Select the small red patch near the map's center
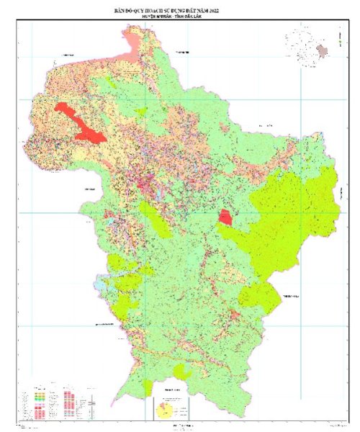coord(226,216)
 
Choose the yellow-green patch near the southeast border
coord(259,295)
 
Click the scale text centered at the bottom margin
coord(180,426)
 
